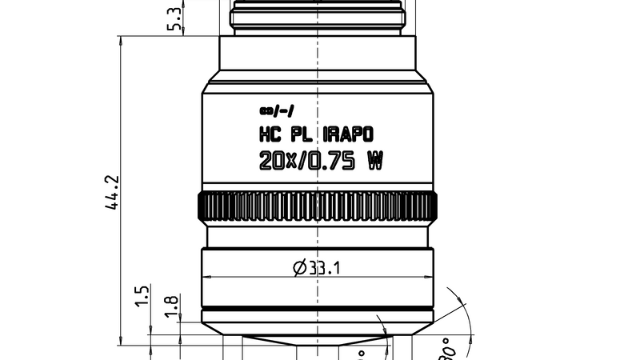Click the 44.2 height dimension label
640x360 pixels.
(113, 193)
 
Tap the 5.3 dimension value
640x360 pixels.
(173, 17)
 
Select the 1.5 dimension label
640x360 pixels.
(142, 295)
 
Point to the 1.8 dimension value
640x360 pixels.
(170, 305)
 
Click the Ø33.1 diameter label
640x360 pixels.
(317, 268)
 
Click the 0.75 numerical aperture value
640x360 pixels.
(331, 161)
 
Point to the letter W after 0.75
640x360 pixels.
(374, 161)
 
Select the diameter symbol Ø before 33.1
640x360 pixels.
(299, 268)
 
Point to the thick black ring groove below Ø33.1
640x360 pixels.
(318, 310)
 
